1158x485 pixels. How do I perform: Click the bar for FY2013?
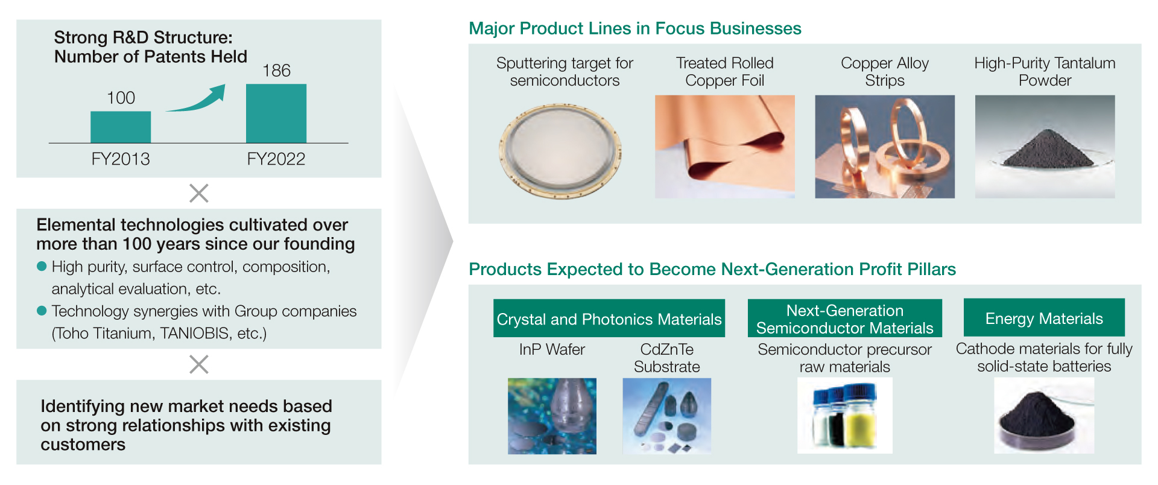coord(121,127)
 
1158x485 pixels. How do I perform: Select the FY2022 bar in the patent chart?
coord(276,113)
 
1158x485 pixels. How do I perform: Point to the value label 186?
coord(276,71)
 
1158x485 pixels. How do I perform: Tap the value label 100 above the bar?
coord(121,98)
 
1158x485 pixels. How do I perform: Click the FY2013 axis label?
coord(121,159)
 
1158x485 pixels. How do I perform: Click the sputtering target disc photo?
coord(560,151)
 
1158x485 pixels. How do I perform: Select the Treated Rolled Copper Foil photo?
coord(725,147)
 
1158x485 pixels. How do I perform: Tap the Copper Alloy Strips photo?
coord(885,147)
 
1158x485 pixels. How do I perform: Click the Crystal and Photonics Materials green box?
coord(609,318)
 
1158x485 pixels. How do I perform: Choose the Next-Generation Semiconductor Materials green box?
coord(844,318)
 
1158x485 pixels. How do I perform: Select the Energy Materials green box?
coord(1044,317)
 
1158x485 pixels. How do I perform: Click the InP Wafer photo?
coord(552,416)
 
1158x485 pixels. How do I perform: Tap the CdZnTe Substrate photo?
coord(667,416)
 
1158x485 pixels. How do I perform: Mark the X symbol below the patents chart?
coord(199,193)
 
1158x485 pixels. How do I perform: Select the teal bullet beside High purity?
coord(42,266)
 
